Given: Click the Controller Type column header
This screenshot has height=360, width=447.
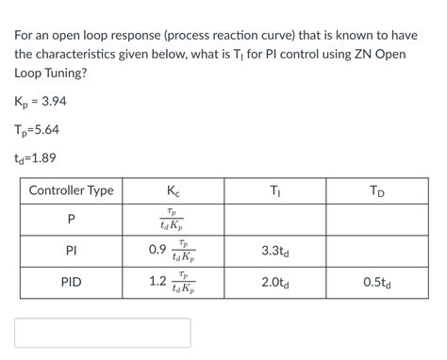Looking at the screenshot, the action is click(x=71, y=191).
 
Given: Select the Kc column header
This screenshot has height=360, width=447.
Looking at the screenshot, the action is click(x=173, y=191).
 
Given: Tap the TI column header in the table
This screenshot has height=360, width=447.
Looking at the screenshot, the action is click(x=274, y=191).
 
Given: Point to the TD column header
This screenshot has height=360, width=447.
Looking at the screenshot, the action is click(x=377, y=191).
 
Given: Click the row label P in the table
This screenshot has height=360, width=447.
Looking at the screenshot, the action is click(x=71, y=221).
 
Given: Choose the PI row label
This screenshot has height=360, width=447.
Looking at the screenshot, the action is click(x=71, y=252).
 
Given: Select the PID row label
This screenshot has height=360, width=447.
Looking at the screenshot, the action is click(x=71, y=281).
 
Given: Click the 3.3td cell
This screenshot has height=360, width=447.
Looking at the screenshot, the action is click(x=274, y=252).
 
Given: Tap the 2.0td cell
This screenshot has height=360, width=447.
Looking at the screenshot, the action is click(x=274, y=281).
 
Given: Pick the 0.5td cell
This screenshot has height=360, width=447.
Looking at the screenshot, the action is click(x=377, y=281).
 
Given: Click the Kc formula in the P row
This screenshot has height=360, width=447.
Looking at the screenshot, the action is click(x=174, y=221).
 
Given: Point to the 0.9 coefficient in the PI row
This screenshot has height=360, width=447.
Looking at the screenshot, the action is click(x=157, y=251).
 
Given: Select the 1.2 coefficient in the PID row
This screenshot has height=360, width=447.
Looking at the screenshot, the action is click(x=157, y=281).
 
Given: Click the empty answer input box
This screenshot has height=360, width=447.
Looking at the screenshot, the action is click(x=102, y=333).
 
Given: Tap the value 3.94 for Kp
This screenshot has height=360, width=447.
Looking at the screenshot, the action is click(x=51, y=102).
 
